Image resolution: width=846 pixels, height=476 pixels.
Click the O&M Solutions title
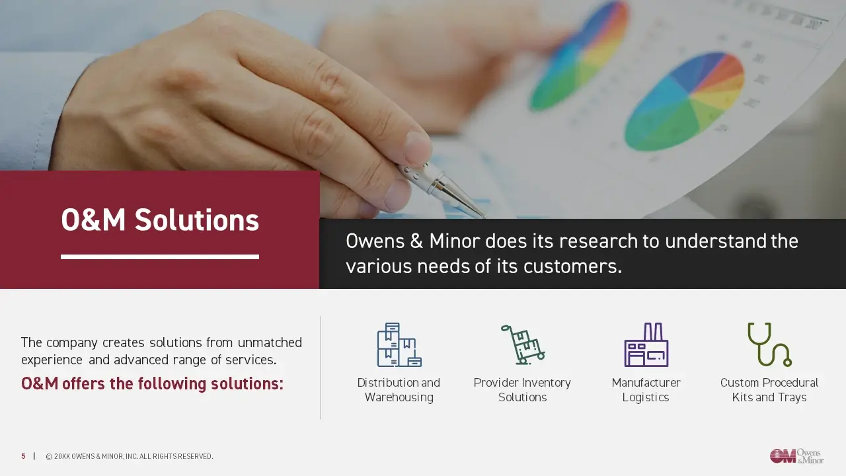160,220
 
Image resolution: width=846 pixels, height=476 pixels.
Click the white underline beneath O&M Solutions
160,257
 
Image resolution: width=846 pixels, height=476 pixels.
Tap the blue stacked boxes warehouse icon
399,344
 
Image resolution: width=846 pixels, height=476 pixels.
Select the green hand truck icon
523,344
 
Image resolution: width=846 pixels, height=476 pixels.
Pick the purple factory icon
646,344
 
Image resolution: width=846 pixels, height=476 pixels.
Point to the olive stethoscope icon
769,344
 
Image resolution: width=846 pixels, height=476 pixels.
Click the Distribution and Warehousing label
399,390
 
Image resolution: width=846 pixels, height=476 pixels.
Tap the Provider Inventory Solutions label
522,390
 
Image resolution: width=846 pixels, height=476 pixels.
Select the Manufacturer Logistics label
646,390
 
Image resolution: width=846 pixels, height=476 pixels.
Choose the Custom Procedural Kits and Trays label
769,390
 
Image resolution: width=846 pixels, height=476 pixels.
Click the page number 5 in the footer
23,456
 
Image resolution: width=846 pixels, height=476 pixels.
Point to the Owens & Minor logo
797,456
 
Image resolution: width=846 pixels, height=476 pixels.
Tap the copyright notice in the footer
129,456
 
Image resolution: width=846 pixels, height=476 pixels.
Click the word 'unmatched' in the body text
270,342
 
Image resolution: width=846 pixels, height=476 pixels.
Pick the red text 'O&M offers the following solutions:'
152,384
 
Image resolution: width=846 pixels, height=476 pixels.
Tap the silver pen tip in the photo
480,214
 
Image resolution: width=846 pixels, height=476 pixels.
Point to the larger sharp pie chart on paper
684,101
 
